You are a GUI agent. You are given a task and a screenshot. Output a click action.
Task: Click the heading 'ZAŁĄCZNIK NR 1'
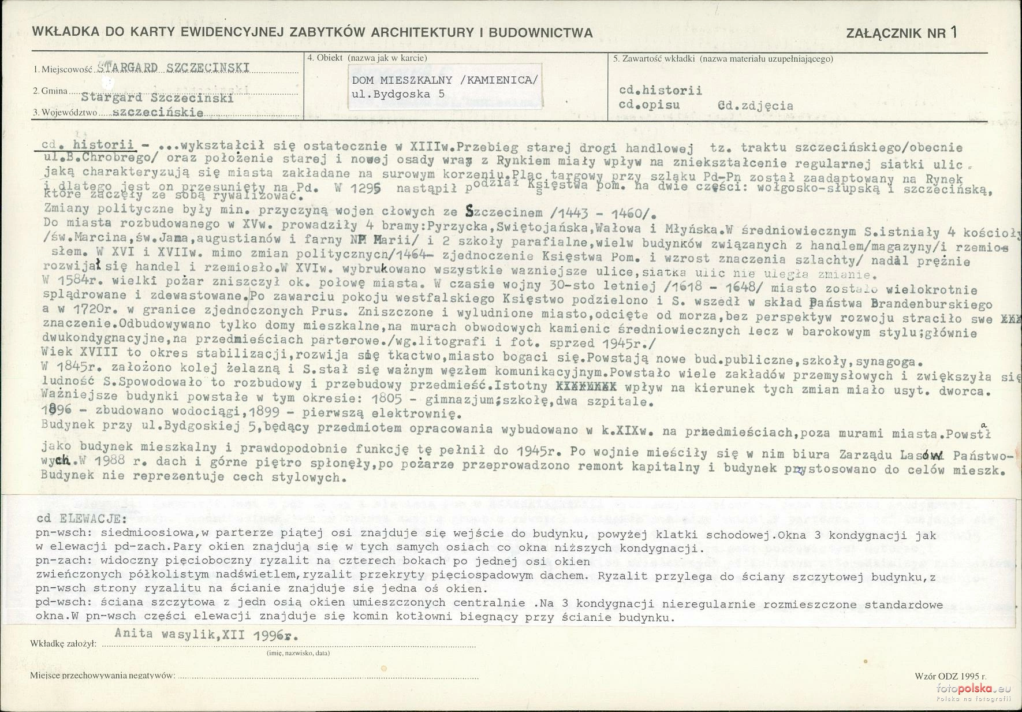click(x=901, y=32)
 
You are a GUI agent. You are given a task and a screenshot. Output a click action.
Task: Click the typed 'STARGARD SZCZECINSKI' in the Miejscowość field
click(x=174, y=68)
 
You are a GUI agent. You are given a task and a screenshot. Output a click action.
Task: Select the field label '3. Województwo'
click(x=65, y=113)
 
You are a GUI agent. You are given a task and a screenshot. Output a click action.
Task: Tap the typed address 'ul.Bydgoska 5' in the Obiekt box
click(x=398, y=94)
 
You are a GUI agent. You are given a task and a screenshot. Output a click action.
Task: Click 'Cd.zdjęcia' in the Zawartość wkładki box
click(x=755, y=106)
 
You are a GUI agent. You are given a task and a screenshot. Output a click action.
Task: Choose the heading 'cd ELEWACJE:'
click(x=80, y=518)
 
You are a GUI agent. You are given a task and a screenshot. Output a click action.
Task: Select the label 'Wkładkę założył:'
click(x=62, y=643)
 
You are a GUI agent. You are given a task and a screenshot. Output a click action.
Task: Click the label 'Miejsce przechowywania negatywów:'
click(x=102, y=676)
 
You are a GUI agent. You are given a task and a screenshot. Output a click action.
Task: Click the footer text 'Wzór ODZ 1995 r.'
click(x=950, y=676)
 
